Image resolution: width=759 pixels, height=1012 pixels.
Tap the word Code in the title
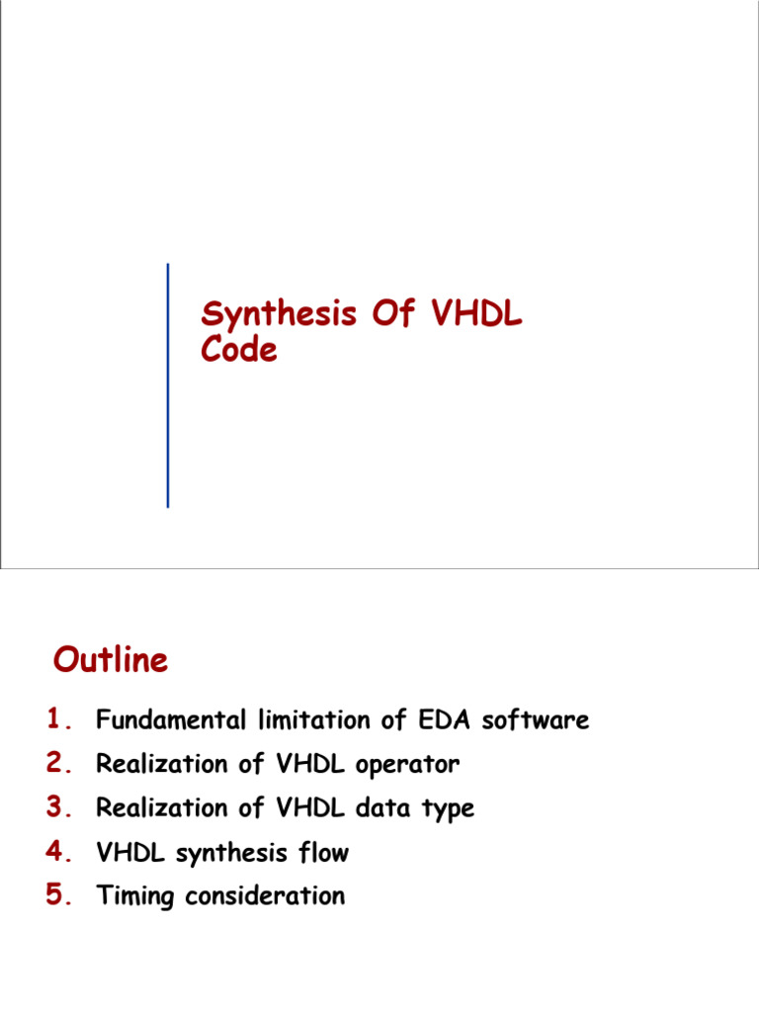pos(239,350)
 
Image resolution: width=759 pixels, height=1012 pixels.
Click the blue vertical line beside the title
pos(168,385)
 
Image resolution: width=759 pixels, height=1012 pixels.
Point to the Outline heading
pos(111,660)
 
